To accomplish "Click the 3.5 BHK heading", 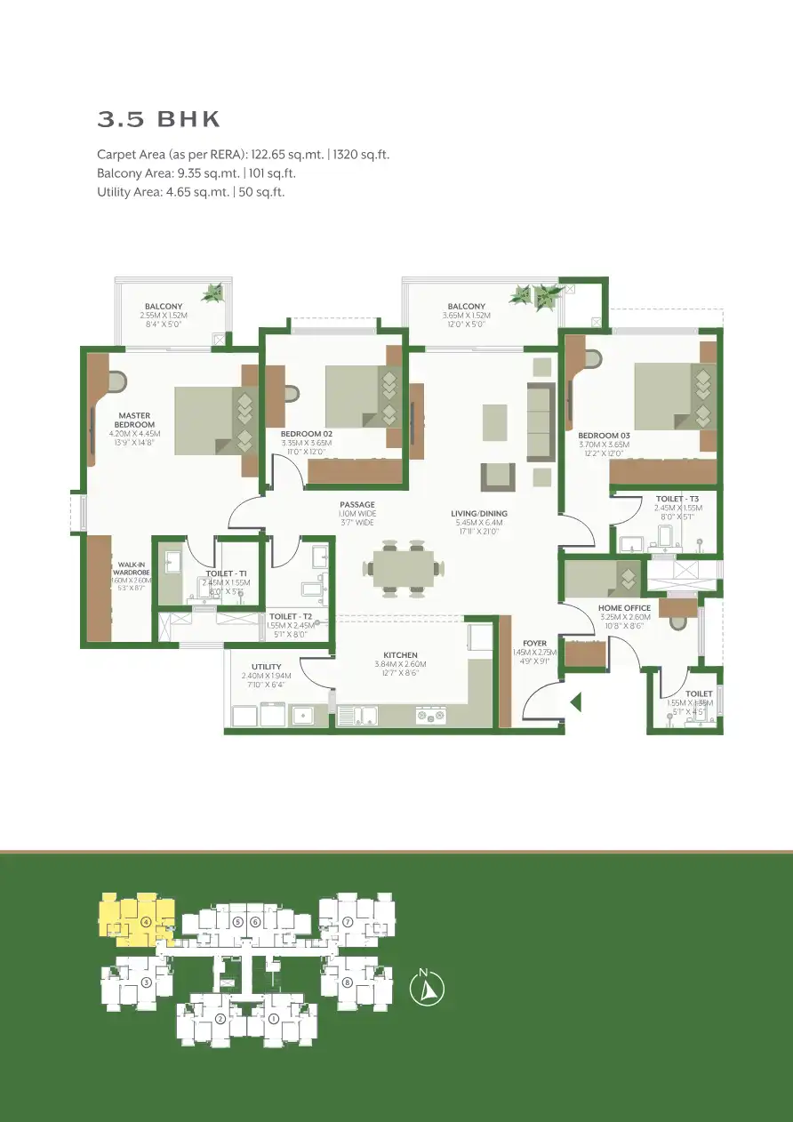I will pyautogui.click(x=158, y=119).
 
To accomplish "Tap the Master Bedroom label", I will pyautogui.click(x=133, y=420).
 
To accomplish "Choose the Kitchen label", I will pyautogui.click(x=400, y=655).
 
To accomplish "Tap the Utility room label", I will pyautogui.click(x=266, y=666).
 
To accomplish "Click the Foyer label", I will pyautogui.click(x=534, y=644).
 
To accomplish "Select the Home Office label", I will pyautogui.click(x=624, y=608).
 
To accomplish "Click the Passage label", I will pyautogui.click(x=356, y=505).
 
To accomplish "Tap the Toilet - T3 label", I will pyautogui.click(x=677, y=500).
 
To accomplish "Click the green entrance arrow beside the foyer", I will pyautogui.click(x=575, y=702).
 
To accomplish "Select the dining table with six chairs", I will pyautogui.click(x=403, y=567).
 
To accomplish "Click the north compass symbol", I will pyautogui.click(x=426, y=989).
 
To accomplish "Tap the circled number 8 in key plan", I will pyautogui.click(x=348, y=982).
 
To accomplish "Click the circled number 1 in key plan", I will pyautogui.click(x=274, y=1019).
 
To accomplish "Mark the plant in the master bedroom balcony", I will pyautogui.click(x=213, y=292).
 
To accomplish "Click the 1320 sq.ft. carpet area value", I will pyautogui.click(x=361, y=155).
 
